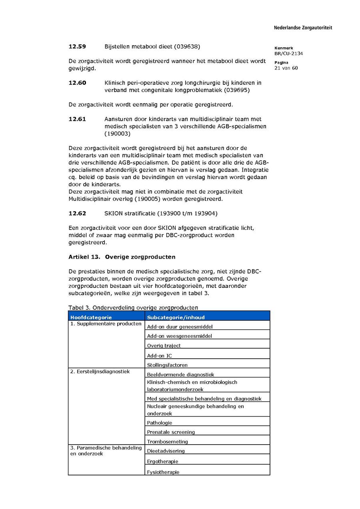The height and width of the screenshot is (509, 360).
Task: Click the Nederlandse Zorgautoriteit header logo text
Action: tap(303, 28)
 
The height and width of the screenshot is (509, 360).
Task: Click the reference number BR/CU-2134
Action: tap(288, 54)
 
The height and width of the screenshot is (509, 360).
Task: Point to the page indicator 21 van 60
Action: tap(286, 68)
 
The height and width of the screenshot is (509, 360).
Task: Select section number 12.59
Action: tap(77, 47)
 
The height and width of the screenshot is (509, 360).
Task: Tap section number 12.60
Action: tap(77, 83)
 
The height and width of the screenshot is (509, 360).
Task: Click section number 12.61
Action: tap(77, 119)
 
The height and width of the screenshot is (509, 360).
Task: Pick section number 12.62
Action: tap(77, 213)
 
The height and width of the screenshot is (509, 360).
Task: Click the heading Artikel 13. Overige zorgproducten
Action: tap(122, 257)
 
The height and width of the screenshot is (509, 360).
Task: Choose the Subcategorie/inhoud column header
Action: tap(176, 317)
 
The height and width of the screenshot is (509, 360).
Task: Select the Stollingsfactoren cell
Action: tap(167, 365)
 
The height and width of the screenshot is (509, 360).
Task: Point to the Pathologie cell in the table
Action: tap(160, 423)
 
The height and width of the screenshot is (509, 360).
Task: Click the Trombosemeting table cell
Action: tap(167, 442)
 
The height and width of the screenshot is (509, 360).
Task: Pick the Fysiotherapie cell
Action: tap(163, 472)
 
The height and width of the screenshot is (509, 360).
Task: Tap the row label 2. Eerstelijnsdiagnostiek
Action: tap(100, 371)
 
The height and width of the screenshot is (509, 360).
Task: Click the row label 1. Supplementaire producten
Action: tap(106, 323)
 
